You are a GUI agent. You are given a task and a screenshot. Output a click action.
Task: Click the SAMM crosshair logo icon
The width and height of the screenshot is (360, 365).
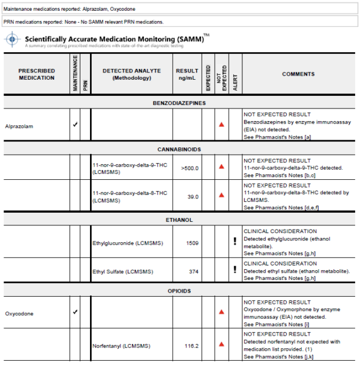pos(12,40)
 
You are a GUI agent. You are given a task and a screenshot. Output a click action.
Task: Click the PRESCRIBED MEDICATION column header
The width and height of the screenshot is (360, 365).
pos(37,74)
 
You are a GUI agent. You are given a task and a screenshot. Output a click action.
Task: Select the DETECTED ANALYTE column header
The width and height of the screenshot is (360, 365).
pos(131,74)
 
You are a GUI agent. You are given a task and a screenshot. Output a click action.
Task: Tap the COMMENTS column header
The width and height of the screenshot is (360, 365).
pos(298,74)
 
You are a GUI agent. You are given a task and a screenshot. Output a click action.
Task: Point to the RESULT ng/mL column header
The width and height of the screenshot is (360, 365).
pos(187,74)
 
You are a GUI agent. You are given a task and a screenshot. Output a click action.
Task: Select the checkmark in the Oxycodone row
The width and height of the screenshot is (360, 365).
pos(75,312)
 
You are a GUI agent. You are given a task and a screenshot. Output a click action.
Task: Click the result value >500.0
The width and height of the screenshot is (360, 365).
pos(190,168)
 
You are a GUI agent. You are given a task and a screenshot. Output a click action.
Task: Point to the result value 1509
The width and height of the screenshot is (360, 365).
pos(191,243)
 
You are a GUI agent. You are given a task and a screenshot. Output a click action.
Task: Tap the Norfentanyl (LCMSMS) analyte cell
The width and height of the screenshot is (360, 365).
pos(121,346)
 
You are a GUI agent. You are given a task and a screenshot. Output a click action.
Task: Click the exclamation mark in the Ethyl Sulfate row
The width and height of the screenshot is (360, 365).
pos(235,270)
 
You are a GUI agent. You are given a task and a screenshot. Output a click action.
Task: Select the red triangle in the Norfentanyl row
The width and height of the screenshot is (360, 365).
pos(221,345)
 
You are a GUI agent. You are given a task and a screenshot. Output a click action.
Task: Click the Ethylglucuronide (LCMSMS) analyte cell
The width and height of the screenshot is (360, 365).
pos(127,243)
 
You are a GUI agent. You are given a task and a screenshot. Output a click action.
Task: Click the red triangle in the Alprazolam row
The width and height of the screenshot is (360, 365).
pos(221,124)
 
